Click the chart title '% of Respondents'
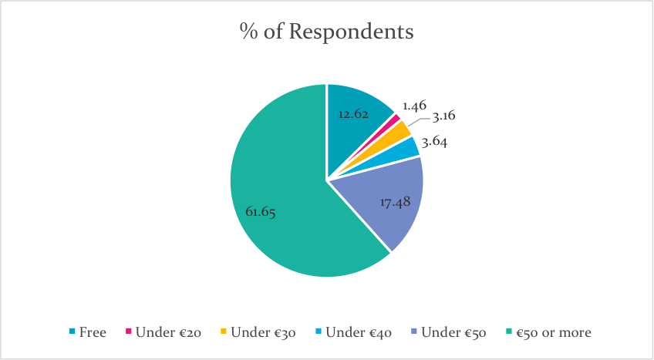326,33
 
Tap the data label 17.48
396,202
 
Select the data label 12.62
354,114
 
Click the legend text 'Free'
93,332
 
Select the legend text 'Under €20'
168,332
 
